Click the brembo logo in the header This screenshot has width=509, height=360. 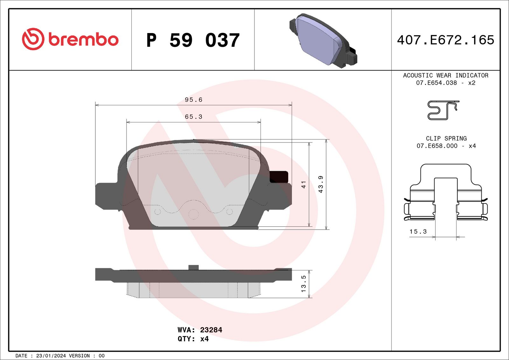coord(70,39)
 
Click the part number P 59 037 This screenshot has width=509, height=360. coord(193,40)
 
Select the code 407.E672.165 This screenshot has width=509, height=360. coord(445,40)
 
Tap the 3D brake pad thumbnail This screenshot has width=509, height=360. coord(323,40)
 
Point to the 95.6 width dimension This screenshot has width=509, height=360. coord(193,100)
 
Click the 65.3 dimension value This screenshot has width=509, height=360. coord(193,117)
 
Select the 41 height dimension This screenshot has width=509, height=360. coord(303,184)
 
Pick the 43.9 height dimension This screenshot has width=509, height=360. coord(321,184)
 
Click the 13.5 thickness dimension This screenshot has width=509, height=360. coord(303,284)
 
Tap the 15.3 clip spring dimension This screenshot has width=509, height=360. coord(418,232)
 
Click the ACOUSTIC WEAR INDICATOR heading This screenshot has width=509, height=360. coord(445,75)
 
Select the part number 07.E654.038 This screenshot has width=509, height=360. coord(436,83)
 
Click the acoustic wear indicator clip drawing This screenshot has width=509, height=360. coord(443,110)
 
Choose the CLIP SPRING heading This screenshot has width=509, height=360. coord(446,138)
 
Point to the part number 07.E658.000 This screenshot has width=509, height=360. coord(437,146)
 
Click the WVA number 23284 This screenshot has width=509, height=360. coord(211,330)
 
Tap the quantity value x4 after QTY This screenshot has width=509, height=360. coord(204,339)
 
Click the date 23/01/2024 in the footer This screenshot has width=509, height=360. coord(51,356)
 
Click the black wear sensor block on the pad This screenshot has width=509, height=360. coord(279,177)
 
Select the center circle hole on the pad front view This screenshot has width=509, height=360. coord(193,214)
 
